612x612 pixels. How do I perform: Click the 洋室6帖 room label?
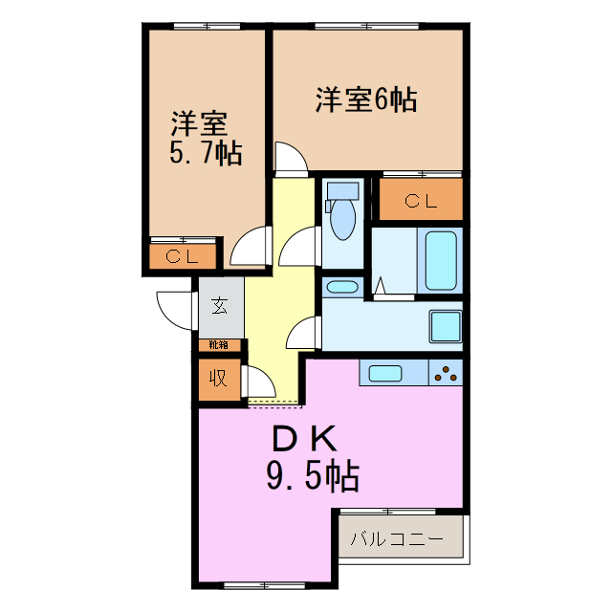(367, 99)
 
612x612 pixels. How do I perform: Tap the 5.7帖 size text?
(205, 152)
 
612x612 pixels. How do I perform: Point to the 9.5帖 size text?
(312, 472)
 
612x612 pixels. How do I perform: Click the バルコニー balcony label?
(396, 539)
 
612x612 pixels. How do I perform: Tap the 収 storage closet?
(219, 377)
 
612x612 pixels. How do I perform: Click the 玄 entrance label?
(220, 306)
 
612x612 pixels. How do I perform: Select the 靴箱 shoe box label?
(219, 344)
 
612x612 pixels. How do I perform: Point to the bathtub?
(441, 261)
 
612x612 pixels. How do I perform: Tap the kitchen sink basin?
(385, 373)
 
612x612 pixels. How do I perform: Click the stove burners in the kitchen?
(446, 373)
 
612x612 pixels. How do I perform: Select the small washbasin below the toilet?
(341, 287)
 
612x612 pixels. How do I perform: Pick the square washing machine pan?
(445, 325)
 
